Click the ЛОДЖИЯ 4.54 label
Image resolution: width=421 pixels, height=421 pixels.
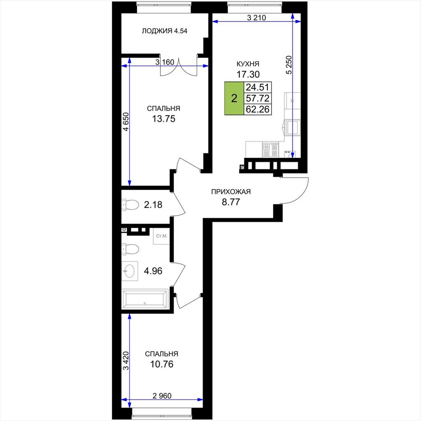click(x=164, y=31)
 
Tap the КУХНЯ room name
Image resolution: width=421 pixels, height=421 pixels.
click(x=248, y=64)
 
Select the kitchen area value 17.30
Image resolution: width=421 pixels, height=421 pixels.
click(x=248, y=74)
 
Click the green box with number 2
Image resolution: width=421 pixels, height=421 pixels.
click(x=234, y=98)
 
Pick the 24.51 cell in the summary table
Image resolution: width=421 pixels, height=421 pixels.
click(x=258, y=87)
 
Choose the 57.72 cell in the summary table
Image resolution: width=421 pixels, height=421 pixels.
click(x=258, y=98)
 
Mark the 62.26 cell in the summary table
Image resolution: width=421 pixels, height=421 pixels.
click(x=258, y=109)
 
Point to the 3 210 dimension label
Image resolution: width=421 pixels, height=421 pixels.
click(x=256, y=18)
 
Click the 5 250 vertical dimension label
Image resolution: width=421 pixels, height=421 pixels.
click(x=289, y=65)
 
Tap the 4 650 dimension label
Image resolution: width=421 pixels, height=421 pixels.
click(x=126, y=122)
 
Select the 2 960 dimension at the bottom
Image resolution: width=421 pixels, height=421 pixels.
click(x=162, y=396)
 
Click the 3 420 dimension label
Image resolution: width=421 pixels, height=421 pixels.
click(x=126, y=361)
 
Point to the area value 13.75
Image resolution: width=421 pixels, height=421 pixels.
click(x=164, y=118)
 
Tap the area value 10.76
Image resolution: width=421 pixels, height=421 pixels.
click(x=162, y=364)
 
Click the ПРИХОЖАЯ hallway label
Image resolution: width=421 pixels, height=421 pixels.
click(x=231, y=192)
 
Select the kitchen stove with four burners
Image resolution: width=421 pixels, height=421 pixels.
click(x=271, y=150)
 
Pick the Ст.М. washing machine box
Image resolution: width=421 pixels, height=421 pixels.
click(x=162, y=236)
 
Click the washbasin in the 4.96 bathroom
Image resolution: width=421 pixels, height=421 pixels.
click(x=130, y=271)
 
